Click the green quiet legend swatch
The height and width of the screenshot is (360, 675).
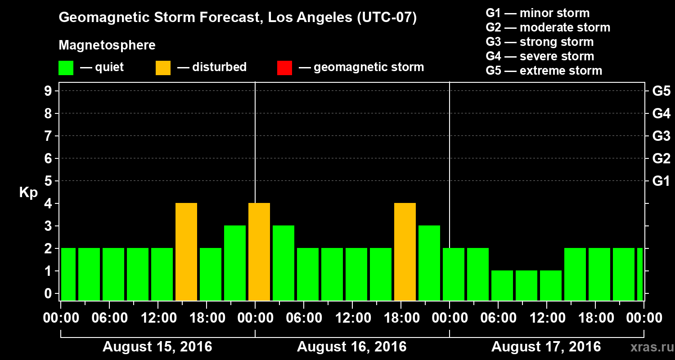pyautogui.click(x=66, y=68)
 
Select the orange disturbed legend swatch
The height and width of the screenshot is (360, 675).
pyautogui.click(x=163, y=68)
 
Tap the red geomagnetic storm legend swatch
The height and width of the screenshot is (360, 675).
pyautogui.click(x=284, y=68)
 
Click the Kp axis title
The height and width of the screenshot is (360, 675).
pyautogui.click(x=28, y=192)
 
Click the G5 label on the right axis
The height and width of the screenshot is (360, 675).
pyautogui.click(x=661, y=91)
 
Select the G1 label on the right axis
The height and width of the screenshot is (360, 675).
pyautogui.click(x=661, y=181)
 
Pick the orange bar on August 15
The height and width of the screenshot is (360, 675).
pyautogui.click(x=186, y=252)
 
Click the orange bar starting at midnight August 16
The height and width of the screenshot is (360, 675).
pyautogui.click(x=259, y=252)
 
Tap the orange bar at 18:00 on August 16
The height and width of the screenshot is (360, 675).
pyautogui.click(x=405, y=252)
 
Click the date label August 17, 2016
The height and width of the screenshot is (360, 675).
pyautogui.click(x=546, y=347)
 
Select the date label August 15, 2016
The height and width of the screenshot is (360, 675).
pyautogui.click(x=157, y=347)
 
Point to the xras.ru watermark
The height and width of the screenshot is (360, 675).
pyautogui.click(x=648, y=347)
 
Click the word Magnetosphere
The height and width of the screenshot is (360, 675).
pyautogui.click(x=107, y=45)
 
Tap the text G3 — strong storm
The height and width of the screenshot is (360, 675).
pyautogui.click(x=540, y=42)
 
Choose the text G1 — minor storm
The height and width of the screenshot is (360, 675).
pyautogui.click(x=537, y=13)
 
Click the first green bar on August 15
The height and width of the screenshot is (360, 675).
pyautogui.click(x=68, y=274)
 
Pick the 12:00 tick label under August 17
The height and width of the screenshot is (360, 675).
pyautogui.click(x=546, y=318)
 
